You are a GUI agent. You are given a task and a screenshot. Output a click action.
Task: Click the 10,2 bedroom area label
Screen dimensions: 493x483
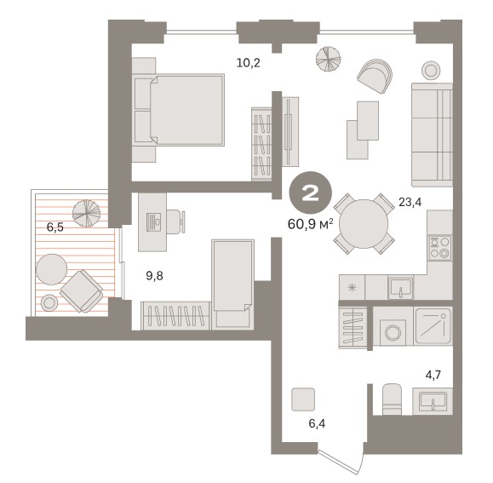[x=249, y=63]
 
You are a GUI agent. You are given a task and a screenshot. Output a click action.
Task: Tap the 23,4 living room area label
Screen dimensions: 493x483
[x=410, y=202]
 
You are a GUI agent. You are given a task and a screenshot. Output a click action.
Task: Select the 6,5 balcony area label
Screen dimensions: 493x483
[x=55, y=227]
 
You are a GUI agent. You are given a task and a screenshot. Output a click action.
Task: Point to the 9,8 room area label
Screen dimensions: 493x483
[x=154, y=276]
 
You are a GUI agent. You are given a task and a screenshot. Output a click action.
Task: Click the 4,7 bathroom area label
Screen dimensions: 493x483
[x=433, y=375]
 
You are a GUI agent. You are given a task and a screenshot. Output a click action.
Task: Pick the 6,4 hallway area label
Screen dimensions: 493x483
[x=317, y=424]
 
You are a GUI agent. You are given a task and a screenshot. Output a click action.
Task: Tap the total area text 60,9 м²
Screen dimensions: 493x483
[x=310, y=225]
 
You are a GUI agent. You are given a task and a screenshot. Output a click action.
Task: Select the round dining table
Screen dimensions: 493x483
[x=364, y=223]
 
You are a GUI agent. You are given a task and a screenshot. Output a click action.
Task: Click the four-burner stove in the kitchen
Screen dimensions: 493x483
[x=440, y=248]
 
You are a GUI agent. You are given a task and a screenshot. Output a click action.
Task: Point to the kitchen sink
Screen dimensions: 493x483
[x=400, y=288]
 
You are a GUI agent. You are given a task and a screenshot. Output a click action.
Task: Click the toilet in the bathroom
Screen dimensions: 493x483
[x=393, y=399]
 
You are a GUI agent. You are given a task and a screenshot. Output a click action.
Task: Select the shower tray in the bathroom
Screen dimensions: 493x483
[x=433, y=325]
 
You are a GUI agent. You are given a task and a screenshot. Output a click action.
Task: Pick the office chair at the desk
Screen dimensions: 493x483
[x=175, y=221]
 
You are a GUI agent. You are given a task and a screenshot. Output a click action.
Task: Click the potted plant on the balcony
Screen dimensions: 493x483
[x=86, y=213]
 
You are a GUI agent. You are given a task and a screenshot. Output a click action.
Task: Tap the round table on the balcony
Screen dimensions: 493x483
[x=52, y=269]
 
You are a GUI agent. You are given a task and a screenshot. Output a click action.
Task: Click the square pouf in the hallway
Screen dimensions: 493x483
[x=303, y=400]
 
